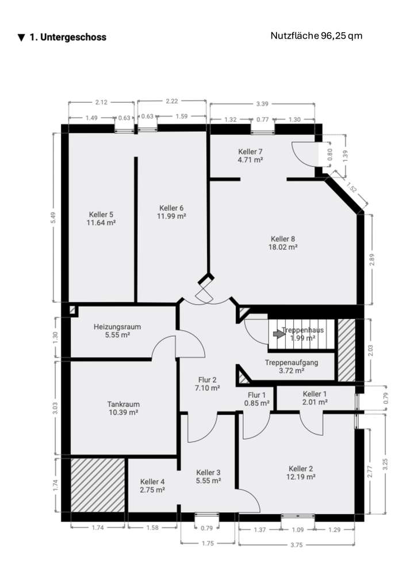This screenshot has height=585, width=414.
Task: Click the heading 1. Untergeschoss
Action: pyautogui.click(x=62, y=37)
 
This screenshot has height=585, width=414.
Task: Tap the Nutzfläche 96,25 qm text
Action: pyautogui.click(x=316, y=36)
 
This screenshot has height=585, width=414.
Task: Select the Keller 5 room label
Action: pyautogui.click(x=101, y=214)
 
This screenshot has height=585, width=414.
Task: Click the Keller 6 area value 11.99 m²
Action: pyautogui.click(x=172, y=216)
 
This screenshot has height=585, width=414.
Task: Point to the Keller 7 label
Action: pyautogui.click(x=250, y=152)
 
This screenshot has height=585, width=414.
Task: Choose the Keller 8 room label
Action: pyautogui.click(x=283, y=238)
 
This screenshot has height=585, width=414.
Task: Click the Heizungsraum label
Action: pyautogui.click(x=117, y=327)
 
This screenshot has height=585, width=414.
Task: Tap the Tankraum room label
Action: pyautogui.click(x=124, y=404)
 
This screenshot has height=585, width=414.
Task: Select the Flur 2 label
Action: pyautogui.click(x=207, y=379)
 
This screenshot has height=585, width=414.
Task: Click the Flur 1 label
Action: pyautogui.click(x=256, y=395)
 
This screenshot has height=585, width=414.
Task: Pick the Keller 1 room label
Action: pyautogui.click(x=315, y=394)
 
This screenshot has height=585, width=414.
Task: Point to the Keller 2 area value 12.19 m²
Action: pyautogui.click(x=301, y=477)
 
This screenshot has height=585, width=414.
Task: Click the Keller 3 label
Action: pyautogui.click(x=208, y=472)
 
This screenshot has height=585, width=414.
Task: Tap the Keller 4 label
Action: pyautogui.click(x=152, y=482)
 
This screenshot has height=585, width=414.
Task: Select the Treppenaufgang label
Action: pyautogui.click(x=292, y=363)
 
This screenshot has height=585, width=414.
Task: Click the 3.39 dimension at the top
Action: pyautogui.click(x=262, y=103)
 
